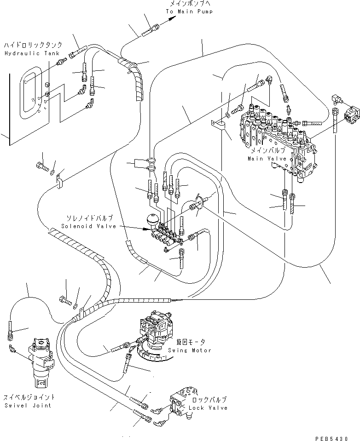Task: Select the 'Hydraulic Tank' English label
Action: [26, 53]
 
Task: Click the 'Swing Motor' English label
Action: [193, 350]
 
